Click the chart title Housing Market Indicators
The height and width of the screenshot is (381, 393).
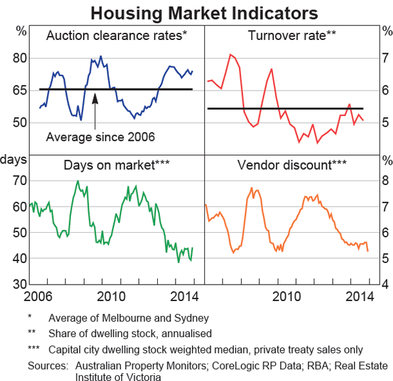[196, 12]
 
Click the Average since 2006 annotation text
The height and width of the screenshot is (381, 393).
[100, 136]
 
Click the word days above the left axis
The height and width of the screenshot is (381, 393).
[12, 159]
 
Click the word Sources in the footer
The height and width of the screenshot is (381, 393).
[47, 363]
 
